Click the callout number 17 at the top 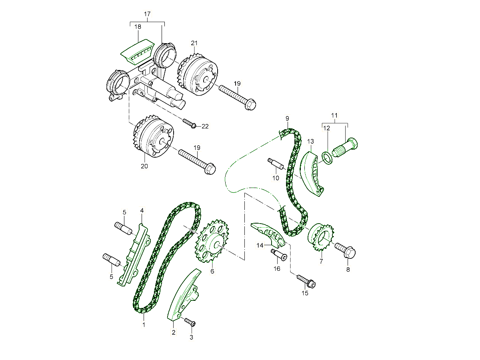coord(147,14)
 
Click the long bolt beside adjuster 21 coord(238,97)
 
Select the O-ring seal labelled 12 coord(327,158)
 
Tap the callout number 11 coord(335,115)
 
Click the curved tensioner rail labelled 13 coord(312,173)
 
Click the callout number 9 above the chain coord(287,118)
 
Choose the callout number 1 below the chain coord(144,325)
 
